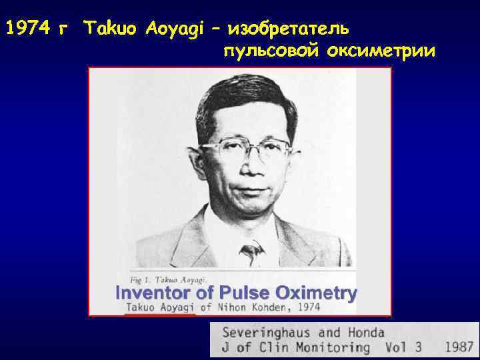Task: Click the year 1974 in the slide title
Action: click(27, 30)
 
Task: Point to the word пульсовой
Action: click(271, 52)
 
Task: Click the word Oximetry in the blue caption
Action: click(315, 293)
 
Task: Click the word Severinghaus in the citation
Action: click(262, 332)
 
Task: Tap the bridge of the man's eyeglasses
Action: click(247, 143)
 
